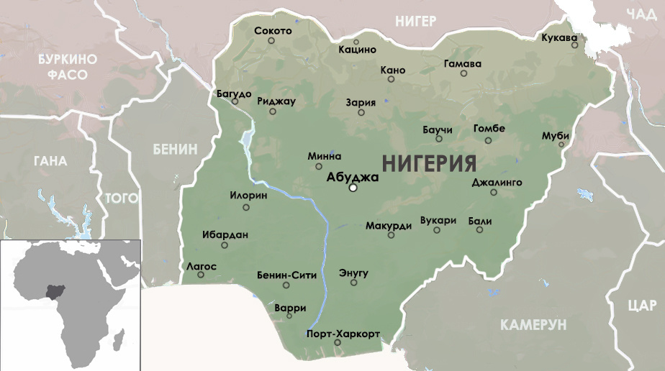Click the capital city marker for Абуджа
(x=353, y=188)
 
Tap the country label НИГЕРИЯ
(x=429, y=163)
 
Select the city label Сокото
(x=273, y=31)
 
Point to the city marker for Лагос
(x=201, y=275)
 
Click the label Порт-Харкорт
(x=343, y=334)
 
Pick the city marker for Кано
(x=392, y=79)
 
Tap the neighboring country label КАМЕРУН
(x=534, y=324)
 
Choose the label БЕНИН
(x=175, y=149)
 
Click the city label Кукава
(x=559, y=37)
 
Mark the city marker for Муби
(x=561, y=145)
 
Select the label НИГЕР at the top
(x=415, y=21)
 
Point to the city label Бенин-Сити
(x=286, y=275)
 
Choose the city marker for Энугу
(x=353, y=283)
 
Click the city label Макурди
(x=388, y=225)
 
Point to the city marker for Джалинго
(x=494, y=192)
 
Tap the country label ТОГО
(x=122, y=197)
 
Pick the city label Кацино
(x=358, y=50)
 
